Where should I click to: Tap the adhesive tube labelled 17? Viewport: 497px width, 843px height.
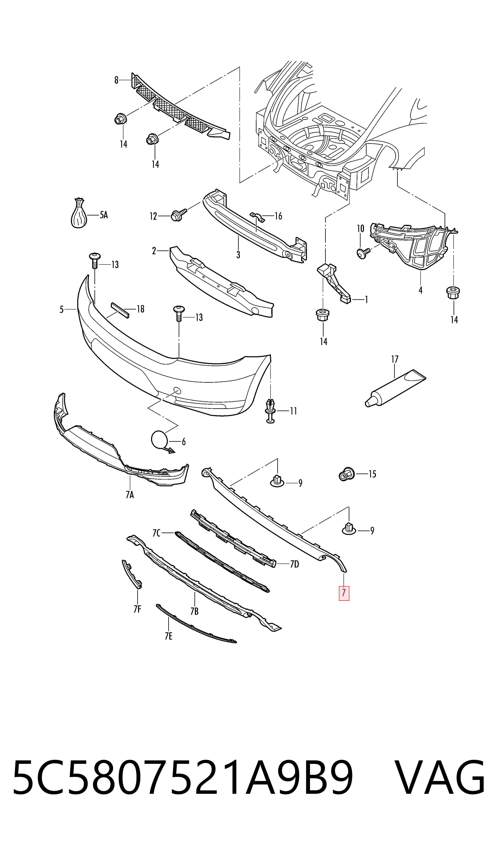[x=395, y=388]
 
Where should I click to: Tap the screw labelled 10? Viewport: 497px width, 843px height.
[x=363, y=253]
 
